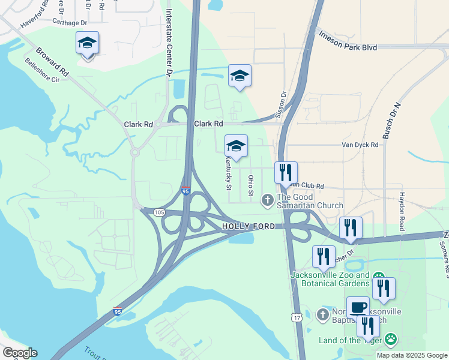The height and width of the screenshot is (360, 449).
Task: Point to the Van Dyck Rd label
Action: pyautogui.click(x=360, y=145)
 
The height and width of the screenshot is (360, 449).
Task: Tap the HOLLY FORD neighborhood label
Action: pyautogui.click(x=249, y=226)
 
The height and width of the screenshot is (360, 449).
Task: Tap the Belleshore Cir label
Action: pyautogui.click(x=42, y=70)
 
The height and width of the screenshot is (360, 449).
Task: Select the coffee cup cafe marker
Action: pyautogui.click(x=358, y=307)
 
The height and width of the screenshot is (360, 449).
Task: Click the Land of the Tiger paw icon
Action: pyautogui.click(x=391, y=340)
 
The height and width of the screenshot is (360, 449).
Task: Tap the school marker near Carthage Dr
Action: pyautogui.click(x=87, y=43)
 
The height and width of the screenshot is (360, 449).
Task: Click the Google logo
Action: pyautogui.click(x=19, y=352)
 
